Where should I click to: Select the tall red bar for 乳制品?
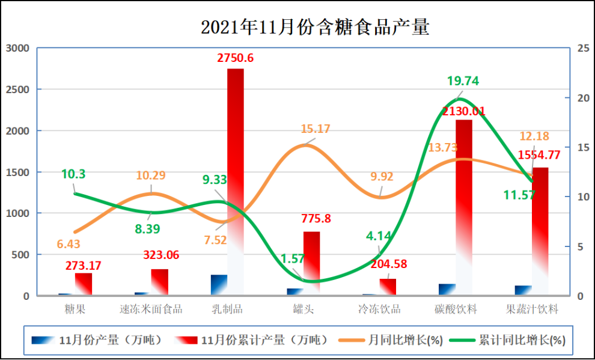236,180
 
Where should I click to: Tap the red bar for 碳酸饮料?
463,204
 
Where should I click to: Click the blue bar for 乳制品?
219,285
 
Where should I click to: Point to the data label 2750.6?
235,58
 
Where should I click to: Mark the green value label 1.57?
294,258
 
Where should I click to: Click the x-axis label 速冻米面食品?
151,310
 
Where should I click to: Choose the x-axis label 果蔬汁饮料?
532,310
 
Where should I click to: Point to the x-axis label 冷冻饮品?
379,310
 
